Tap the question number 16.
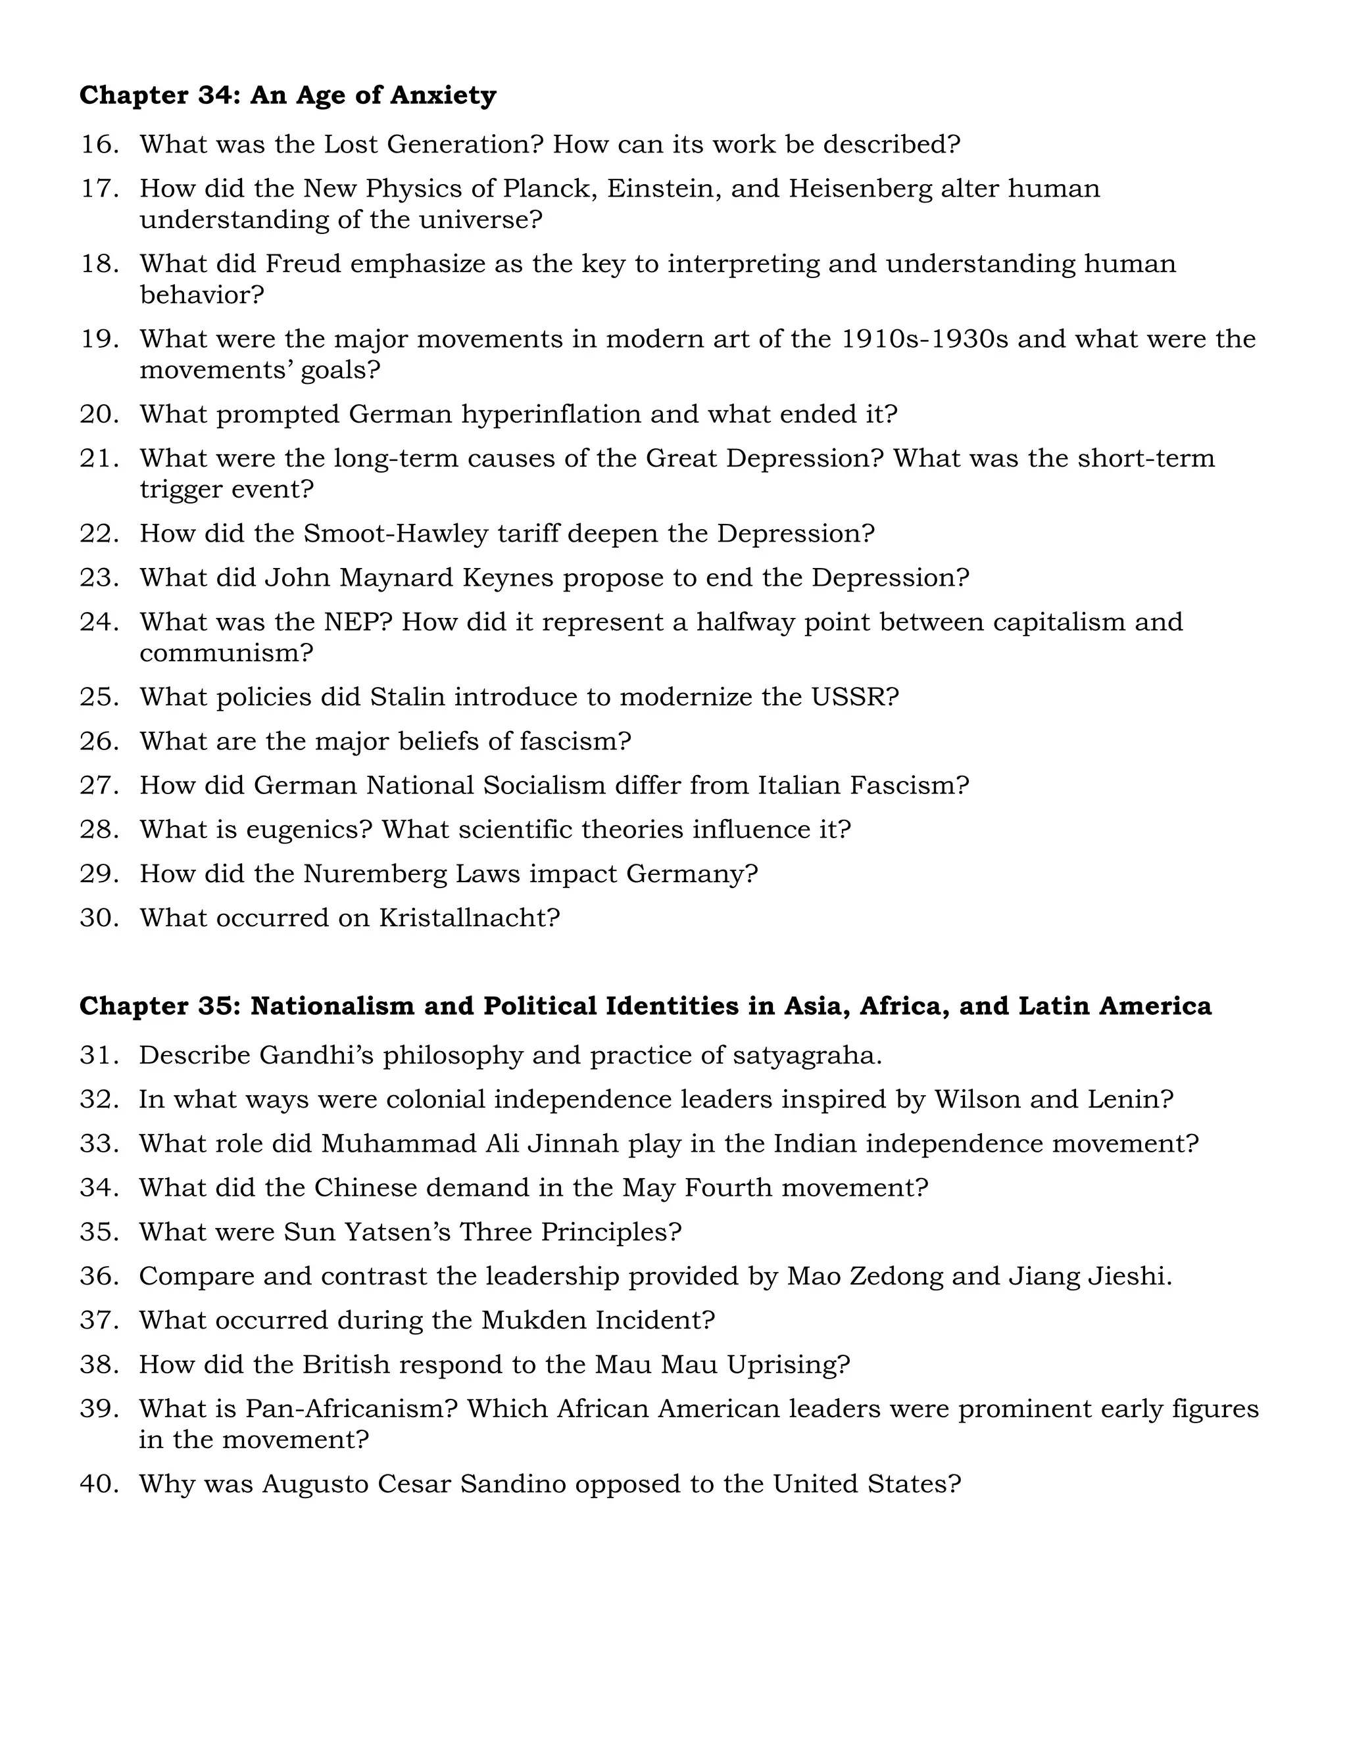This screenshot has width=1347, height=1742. coord(99,145)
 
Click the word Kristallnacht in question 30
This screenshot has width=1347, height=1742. coord(469,918)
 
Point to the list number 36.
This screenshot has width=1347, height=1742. coord(99,1276)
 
